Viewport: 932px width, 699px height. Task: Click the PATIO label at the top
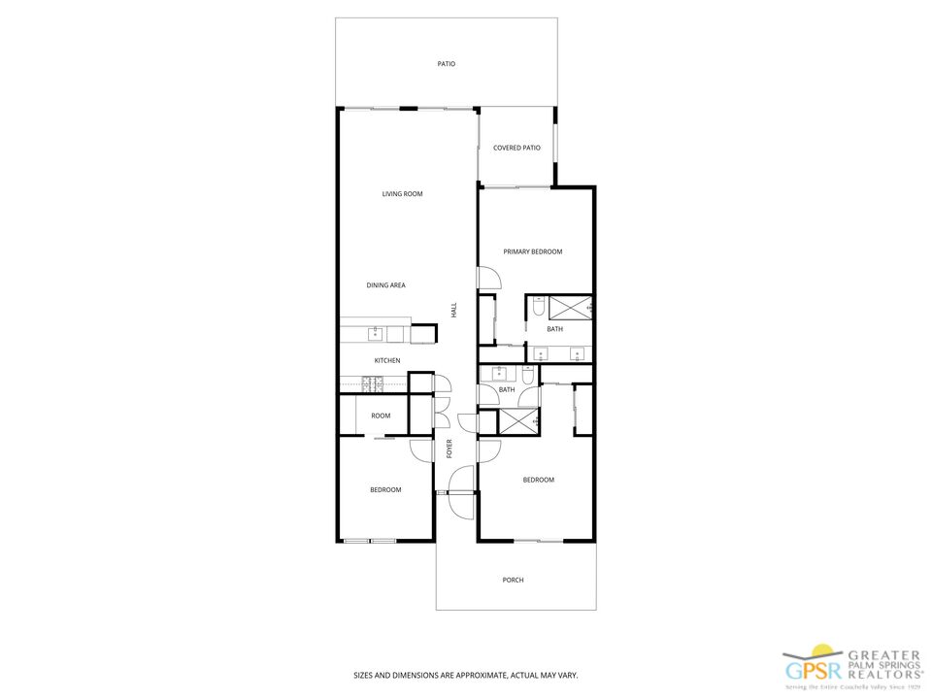pos(446,64)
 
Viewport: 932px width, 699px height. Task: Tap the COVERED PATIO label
pos(516,148)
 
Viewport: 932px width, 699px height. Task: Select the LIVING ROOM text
pos(402,194)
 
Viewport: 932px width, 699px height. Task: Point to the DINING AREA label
pos(385,285)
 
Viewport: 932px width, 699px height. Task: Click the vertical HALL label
pos(453,310)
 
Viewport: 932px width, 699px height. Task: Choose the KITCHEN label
pos(387,361)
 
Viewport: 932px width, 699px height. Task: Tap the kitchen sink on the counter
pos(375,334)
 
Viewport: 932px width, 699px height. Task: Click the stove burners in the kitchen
pos(371,383)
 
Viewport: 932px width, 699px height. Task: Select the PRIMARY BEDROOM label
pos(532,251)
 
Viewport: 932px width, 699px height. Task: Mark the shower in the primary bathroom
pos(571,308)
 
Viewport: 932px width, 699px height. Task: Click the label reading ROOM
pos(381,416)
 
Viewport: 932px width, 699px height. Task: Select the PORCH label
pos(513,581)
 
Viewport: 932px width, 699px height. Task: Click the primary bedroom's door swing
pos(489,278)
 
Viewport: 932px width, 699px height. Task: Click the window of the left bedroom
pos(370,540)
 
